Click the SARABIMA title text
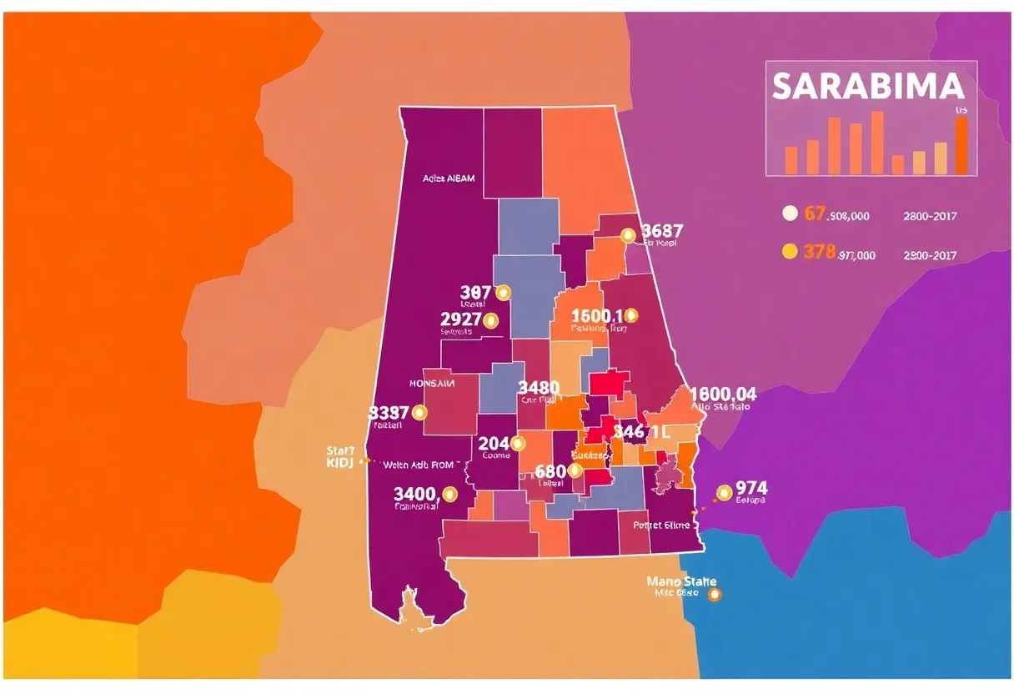868,87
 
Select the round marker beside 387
502,293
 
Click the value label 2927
460,319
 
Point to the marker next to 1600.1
630,315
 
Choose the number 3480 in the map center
538,388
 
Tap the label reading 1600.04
723,394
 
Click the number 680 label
550,470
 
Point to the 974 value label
751,488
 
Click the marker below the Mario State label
713,595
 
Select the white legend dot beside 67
790,214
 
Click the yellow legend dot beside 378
790,251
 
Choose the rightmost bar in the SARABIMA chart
961,145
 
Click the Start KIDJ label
341,456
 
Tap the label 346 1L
641,431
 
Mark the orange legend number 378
819,251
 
